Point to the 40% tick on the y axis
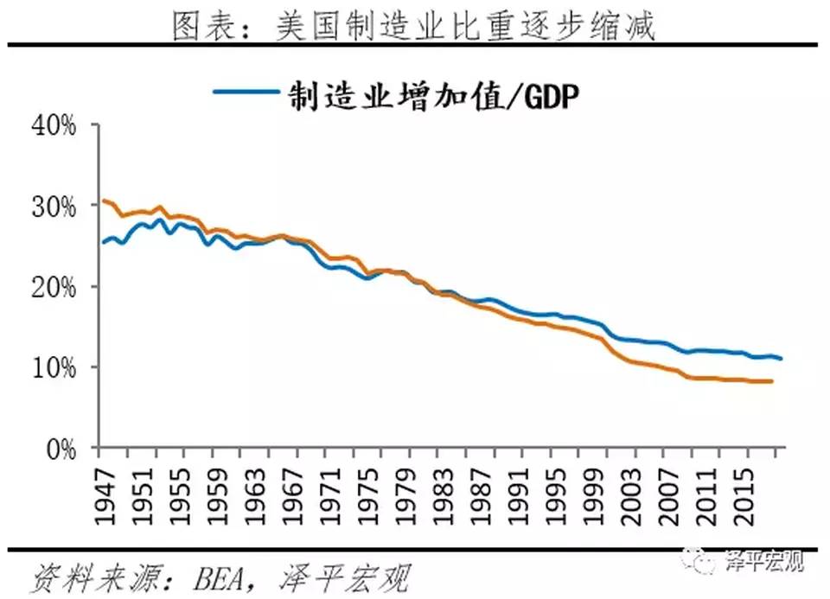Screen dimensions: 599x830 click(55, 125)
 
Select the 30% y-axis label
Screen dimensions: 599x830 click(55, 207)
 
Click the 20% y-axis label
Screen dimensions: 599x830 click(55, 287)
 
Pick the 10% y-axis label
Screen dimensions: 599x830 click(55, 368)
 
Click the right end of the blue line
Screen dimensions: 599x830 click(782, 359)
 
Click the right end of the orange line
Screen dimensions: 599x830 click(771, 381)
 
